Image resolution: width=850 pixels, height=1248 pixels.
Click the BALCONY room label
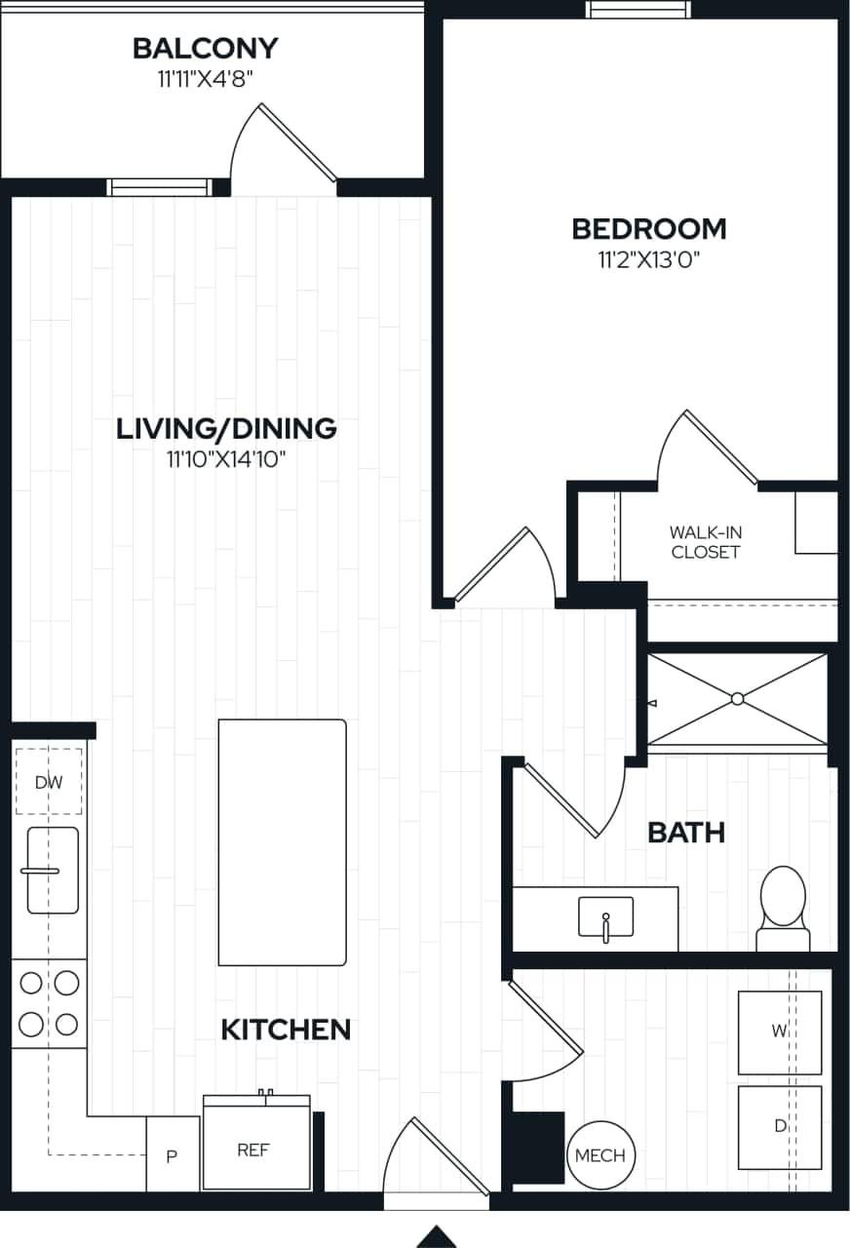pyautogui.click(x=205, y=48)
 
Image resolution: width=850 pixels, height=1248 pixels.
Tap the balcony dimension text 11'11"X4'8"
pyautogui.click(x=205, y=79)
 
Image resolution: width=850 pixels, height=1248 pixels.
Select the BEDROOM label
pyautogui.click(x=648, y=229)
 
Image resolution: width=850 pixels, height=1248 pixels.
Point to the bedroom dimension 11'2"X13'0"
pyautogui.click(x=648, y=259)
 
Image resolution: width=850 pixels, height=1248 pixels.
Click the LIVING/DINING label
pyautogui.click(x=226, y=429)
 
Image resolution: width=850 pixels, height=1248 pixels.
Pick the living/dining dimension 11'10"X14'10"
pyautogui.click(x=226, y=459)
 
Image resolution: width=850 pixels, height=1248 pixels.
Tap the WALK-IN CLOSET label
pyautogui.click(x=705, y=542)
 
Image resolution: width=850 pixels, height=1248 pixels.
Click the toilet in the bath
pyautogui.click(x=783, y=905)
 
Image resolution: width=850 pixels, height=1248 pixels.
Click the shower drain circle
pyautogui.click(x=737, y=698)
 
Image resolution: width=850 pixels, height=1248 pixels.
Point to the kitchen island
pyautogui.click(x=282, y=842)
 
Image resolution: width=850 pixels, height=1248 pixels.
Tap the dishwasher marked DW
pyautogui.click(x=48, y=781)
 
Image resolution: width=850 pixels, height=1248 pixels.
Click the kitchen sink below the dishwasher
pyautogui.click(x=53, y=870)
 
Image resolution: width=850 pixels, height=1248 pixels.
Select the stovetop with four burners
pyautogui.click(x=49, y=1003)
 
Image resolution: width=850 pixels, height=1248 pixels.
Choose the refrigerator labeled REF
pyautogui.click(x=255, y=1149)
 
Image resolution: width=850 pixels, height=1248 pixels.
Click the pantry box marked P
pyautogui.click(x=173, y=1155)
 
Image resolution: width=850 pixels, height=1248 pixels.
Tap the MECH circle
pyautogui.click(x=600, y=1155)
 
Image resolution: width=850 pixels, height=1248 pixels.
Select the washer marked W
pyautogui.click(x=779, y=1032)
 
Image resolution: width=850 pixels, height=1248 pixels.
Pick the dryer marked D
pyautogui.click(x=779, y=1126)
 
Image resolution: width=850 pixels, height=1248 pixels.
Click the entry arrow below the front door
pyautogui.click(x=437, y=1236)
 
